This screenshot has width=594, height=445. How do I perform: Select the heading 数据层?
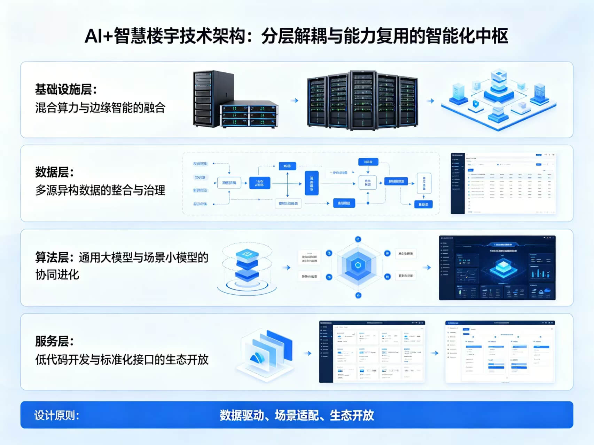click(x=54, y=172)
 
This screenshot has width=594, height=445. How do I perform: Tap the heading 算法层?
click(x=54, y=257)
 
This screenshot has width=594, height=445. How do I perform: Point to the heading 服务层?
click(x=54, y=341)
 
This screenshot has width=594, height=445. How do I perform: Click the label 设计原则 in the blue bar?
click(x=56, y=415)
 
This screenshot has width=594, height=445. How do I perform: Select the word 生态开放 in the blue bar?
click(x=352, y=415)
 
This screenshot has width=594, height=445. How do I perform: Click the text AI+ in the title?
click(x=99, y=36)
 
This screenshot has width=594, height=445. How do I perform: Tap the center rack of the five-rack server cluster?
click(x=363, y=100)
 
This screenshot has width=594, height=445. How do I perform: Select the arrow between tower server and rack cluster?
click(x=295, y=101)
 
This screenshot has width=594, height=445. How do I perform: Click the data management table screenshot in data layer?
click(x=503, y=183)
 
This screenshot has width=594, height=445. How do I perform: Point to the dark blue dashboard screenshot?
click(x=497, y=268)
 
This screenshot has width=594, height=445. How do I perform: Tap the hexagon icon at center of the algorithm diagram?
click(x=358, y=265)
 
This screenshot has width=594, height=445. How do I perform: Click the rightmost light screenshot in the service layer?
click(x=500, y=352)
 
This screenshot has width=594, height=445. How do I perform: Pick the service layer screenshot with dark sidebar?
click(x=372, y=352)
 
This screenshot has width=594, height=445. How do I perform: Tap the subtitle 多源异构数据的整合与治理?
click(x=100, y=190)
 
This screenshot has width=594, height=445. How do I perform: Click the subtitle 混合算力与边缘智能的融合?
click(x=100, y=108)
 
